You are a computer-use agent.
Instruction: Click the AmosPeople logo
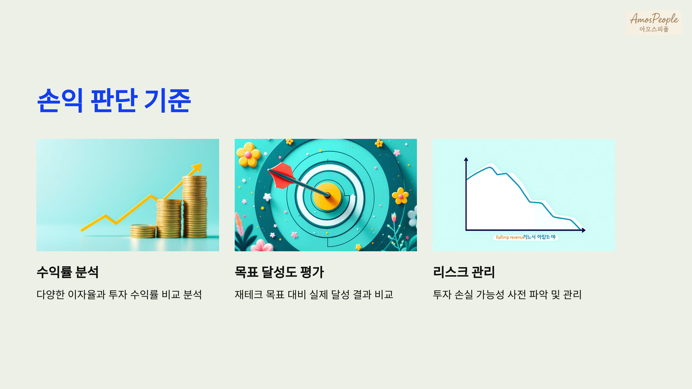pyautogui.click(x=654, y=22)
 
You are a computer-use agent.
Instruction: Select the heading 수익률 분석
pyautogui.click(x=68, y=272)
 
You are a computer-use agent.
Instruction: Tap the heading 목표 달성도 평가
pyautogui.click(x=279, y=272)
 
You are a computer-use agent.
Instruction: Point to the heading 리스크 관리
pyautogui.click(x=464, y=272)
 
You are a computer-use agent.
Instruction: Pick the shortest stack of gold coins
pyautogui.click(x=143, y=231)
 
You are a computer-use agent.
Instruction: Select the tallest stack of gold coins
pyautogui.click(x=195, y=206)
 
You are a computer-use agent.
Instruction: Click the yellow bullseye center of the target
pyautogui.click(x=327, y=196)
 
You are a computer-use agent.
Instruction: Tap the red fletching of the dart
pyautogui.click(x=281, y=174)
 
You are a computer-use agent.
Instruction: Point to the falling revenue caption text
pyautogui.click(x=510, y=237)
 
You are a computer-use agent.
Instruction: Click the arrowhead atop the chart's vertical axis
pyautogui.click(x=466, y=159)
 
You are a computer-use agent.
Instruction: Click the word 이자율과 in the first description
pyautogui.click(x=87, y=294)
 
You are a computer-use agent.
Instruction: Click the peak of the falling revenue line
pyautogui.click(x=490, y=167)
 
